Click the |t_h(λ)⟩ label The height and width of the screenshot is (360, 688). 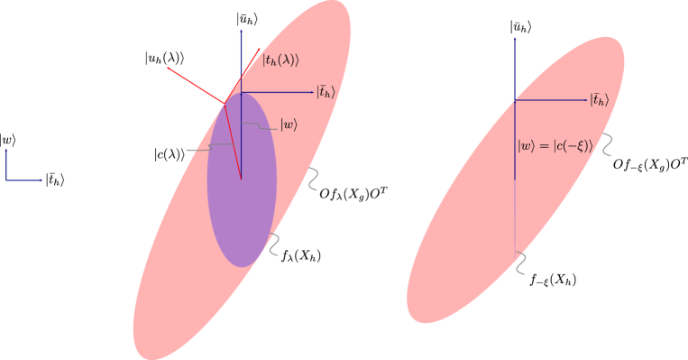point(280,60)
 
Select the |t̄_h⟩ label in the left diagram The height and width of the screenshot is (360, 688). point(326,92)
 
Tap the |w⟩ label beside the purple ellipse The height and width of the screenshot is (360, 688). point(289,125)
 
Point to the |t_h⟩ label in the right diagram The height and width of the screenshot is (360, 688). point(600,100)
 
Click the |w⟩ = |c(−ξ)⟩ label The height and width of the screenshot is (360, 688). point(555,146)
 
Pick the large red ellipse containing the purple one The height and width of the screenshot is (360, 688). point(180,289)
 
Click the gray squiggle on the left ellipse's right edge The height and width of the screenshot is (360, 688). point(312,179)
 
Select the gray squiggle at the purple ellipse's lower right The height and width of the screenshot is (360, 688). point(273,245)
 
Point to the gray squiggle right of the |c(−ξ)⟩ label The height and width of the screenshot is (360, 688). point(607,145)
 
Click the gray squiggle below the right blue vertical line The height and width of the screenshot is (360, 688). point(519,263)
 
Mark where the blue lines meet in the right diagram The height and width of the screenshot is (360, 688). point(515,100)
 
